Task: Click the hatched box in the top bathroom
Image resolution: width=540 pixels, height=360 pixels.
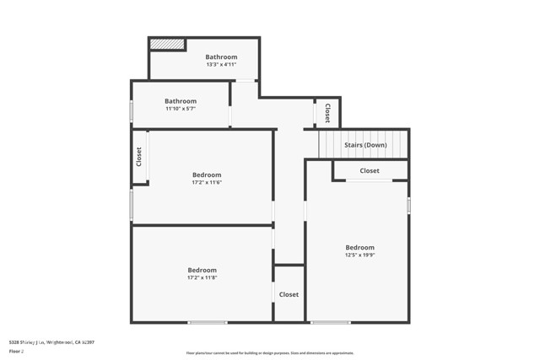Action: (x=167, y=44)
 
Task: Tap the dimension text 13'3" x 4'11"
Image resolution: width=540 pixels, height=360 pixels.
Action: (x=221, y=65)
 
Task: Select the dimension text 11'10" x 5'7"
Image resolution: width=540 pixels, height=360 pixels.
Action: (x=181, y=109)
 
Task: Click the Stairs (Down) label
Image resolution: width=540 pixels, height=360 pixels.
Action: (x=365, y=145)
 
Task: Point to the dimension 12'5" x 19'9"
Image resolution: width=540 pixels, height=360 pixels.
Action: (x=359, y=255)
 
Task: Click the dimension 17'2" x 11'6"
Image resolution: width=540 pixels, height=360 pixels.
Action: (x=207, y=182)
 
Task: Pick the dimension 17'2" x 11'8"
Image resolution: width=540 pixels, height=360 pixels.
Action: (x=202, y=277)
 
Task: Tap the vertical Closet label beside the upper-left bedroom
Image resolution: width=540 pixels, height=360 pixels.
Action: (x=139, y=156)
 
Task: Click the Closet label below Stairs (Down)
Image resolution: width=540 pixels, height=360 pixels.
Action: (x=370, y=171)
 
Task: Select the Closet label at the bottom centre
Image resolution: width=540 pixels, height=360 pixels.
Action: (x=289, y=294)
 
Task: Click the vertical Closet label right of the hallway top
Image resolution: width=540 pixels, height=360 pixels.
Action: (x=327, y=112)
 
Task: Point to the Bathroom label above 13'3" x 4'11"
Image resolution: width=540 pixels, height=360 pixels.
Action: (x=221, y=56)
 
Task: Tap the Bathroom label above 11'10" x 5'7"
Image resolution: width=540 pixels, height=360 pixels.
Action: (x=181, y=101)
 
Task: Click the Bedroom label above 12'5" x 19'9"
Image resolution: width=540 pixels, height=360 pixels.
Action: (x=359, y=247)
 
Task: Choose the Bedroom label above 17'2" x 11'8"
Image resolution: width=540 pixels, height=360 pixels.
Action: (x=202, y=270)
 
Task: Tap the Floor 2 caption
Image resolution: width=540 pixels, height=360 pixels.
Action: (x=16, y=351)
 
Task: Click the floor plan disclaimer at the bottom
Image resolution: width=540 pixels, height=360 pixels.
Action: (x=270, y=353)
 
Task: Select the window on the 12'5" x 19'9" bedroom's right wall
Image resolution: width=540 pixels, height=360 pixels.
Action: (x=408, y=205)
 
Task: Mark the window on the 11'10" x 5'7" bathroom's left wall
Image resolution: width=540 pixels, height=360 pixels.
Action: (x=131, y=110)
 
